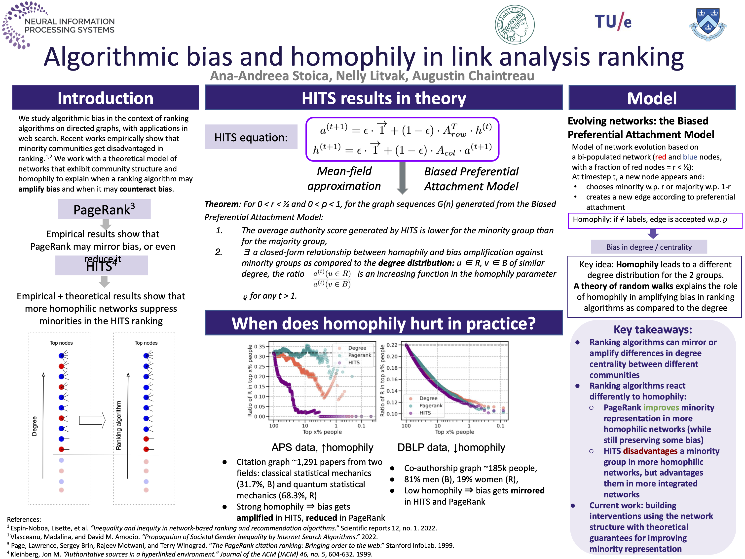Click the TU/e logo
click(x=613, y=22)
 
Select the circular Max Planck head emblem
click(x=514, y=25)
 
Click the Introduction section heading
click(x=106, y=98)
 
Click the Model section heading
click(x=652, y=98)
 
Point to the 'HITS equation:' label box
click(x=251, y=137)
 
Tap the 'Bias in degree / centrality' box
click(x=649, y=247)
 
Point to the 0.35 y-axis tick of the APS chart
click(x=259, y=346)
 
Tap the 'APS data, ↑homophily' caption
click(x=322, y=447)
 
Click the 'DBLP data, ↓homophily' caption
click(x=451, y=447)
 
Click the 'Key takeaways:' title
click(x=653, y=329)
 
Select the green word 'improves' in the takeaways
click(x=661, y=408)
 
